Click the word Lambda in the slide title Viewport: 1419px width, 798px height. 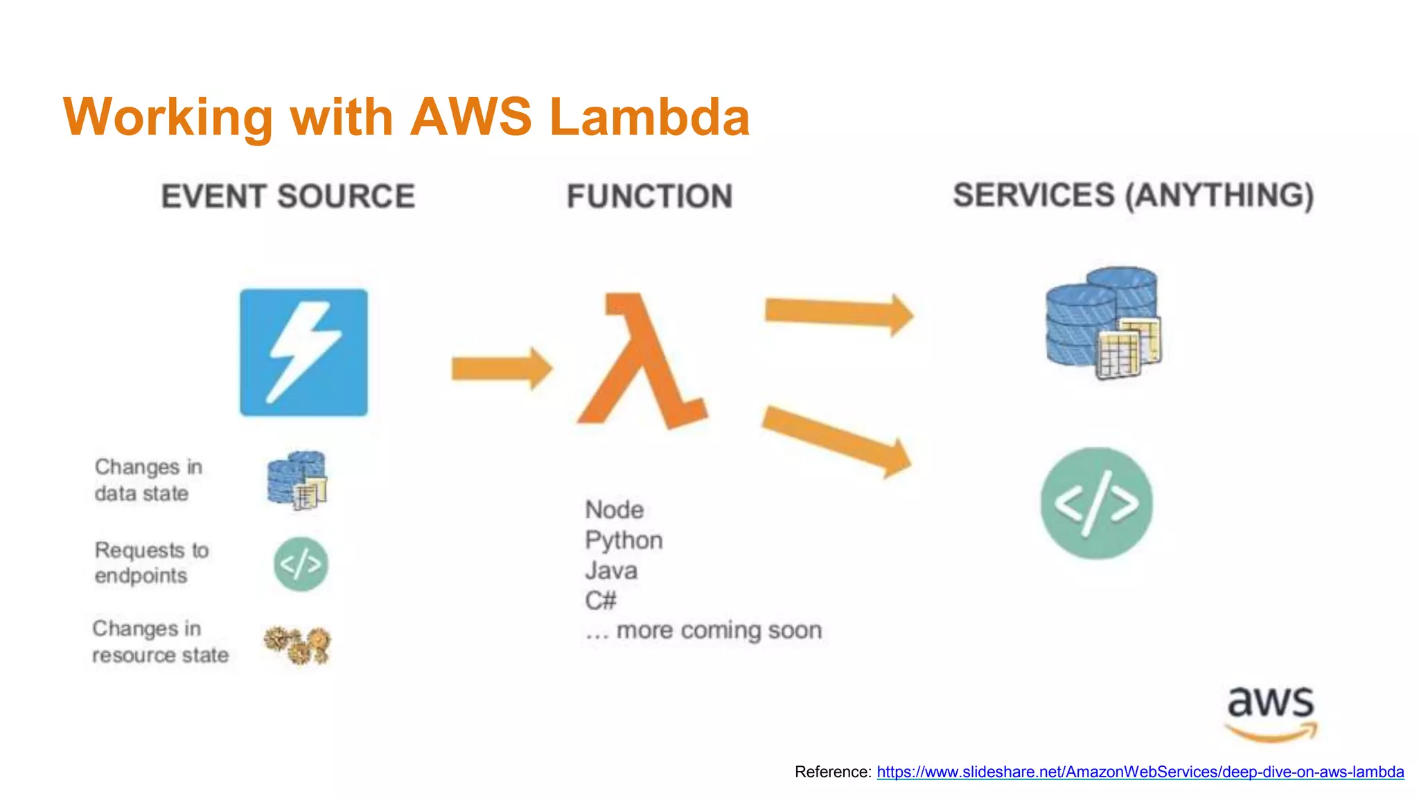649,116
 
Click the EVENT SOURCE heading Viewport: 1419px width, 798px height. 288,196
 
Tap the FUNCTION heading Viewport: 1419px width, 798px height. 649,196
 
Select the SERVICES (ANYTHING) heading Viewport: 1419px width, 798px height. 1133,195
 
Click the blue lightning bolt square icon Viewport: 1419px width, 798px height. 303,352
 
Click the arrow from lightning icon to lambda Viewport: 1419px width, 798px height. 501,368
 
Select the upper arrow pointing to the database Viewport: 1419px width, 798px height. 838,312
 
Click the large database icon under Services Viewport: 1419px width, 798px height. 1103,323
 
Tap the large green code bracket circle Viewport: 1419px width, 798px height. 1096,503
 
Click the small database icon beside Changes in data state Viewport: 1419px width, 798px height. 297,480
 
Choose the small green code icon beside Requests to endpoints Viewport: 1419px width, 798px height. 301,564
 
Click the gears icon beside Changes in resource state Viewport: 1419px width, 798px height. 298,645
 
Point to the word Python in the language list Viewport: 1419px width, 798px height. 624,540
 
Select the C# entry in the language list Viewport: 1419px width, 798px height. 600,600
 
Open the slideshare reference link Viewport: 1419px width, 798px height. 1140,772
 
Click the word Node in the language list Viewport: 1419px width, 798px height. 614,510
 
